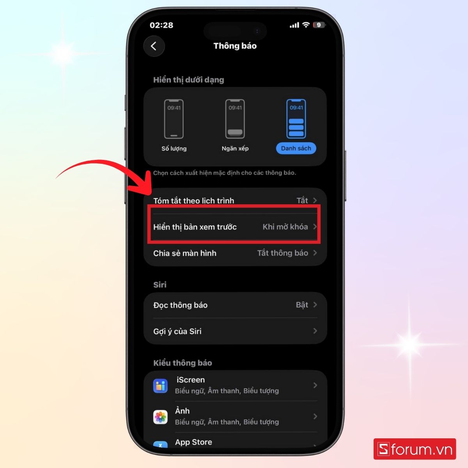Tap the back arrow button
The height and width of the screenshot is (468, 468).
(154, 46)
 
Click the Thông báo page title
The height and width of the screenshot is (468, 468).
(235, 46)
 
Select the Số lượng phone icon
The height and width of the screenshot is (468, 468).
(174, 119)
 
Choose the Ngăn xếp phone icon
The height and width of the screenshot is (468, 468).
(235, 119)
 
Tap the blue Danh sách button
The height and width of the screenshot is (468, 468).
(296, 148)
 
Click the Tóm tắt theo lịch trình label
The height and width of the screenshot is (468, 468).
(193, 200)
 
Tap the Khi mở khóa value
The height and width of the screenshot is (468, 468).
(285, 227)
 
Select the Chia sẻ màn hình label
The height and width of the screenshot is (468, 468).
(184, 253)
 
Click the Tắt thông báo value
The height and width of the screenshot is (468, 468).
(282, 253)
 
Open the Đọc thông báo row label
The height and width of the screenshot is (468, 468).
(180, 305)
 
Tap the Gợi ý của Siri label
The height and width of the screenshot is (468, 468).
(177, 331)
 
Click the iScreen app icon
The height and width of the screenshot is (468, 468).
(160, 385)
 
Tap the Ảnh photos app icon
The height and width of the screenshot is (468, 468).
(160, 417)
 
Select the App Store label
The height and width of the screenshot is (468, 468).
(193, 442)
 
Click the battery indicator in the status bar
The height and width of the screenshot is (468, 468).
(319, 25)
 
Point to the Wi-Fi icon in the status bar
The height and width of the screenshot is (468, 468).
(306, 25)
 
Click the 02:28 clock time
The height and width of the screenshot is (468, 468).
(161, 25)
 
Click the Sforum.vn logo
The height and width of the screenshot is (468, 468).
(415, 449)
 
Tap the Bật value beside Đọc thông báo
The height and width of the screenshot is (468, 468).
(302, 305)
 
